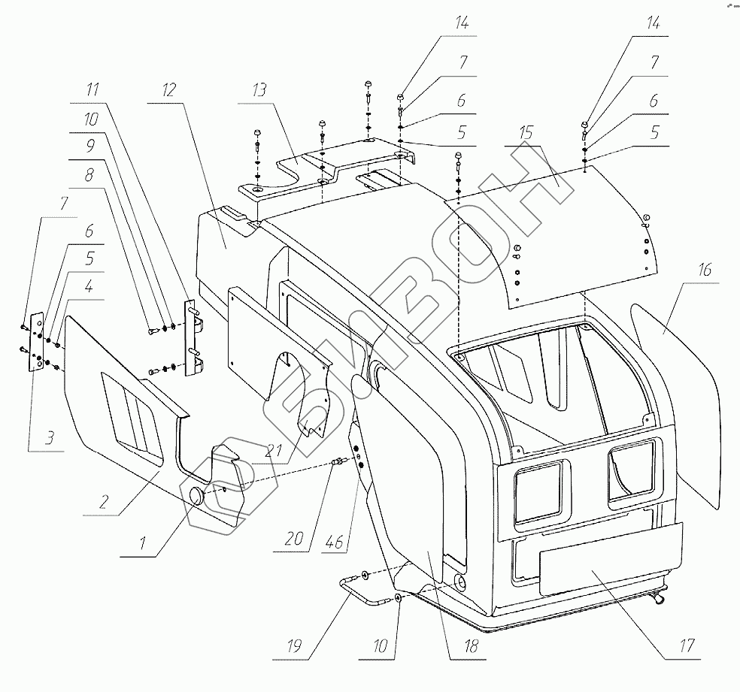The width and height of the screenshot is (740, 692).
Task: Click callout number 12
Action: (168, 90)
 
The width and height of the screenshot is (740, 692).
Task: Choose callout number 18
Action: (450, 644)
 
